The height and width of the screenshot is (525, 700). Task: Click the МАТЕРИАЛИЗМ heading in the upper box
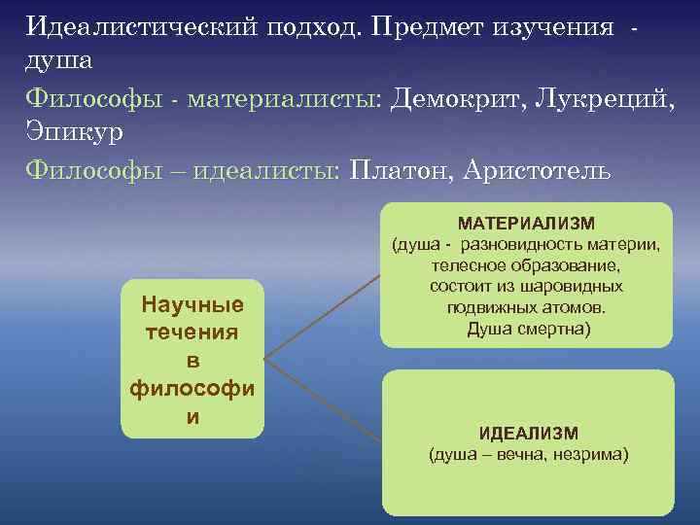click(526, 224)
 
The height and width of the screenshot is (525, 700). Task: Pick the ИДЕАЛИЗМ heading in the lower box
click(528, 434)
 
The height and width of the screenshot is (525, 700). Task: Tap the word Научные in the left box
click(192, 305)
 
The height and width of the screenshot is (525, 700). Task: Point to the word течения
click(192, 333)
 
